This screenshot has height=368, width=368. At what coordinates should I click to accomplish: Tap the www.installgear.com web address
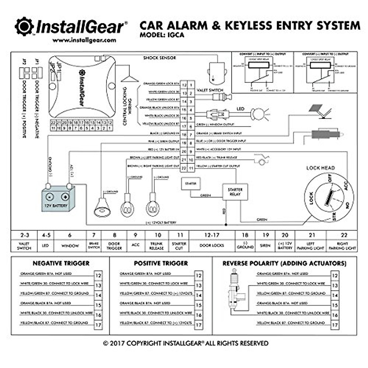click(x=84, y=40)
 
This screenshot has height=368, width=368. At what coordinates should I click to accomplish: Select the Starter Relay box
click(x=235, y=192)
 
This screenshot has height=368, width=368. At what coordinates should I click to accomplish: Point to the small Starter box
click(x=190, y=183)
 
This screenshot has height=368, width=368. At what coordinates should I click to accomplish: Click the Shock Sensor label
click(x=160, y=58)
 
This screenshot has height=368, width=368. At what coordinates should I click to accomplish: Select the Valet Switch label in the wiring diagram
click(x=210, y=90)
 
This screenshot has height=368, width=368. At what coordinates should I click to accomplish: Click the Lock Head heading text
click(x=320, y=168)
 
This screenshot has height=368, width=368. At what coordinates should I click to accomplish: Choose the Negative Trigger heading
click(x=61, y=263)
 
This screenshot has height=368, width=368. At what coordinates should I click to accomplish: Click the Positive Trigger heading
click(x=161, y=263)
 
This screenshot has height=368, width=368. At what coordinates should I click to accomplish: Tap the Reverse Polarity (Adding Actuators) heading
click(x=284, y=263)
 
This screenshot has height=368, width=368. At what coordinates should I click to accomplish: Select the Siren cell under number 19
click(x=265, y=245)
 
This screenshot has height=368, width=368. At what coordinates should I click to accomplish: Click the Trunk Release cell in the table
click(x=156, y=246)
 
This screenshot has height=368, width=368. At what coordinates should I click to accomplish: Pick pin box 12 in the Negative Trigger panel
click(x=98, y=275)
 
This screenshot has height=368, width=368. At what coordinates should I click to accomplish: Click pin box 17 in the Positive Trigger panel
click(x=199, y=325)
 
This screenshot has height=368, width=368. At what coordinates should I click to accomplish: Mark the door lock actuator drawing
click(x=237, y=291)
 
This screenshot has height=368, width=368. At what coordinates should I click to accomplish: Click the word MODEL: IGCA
click(x=162, y=35)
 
